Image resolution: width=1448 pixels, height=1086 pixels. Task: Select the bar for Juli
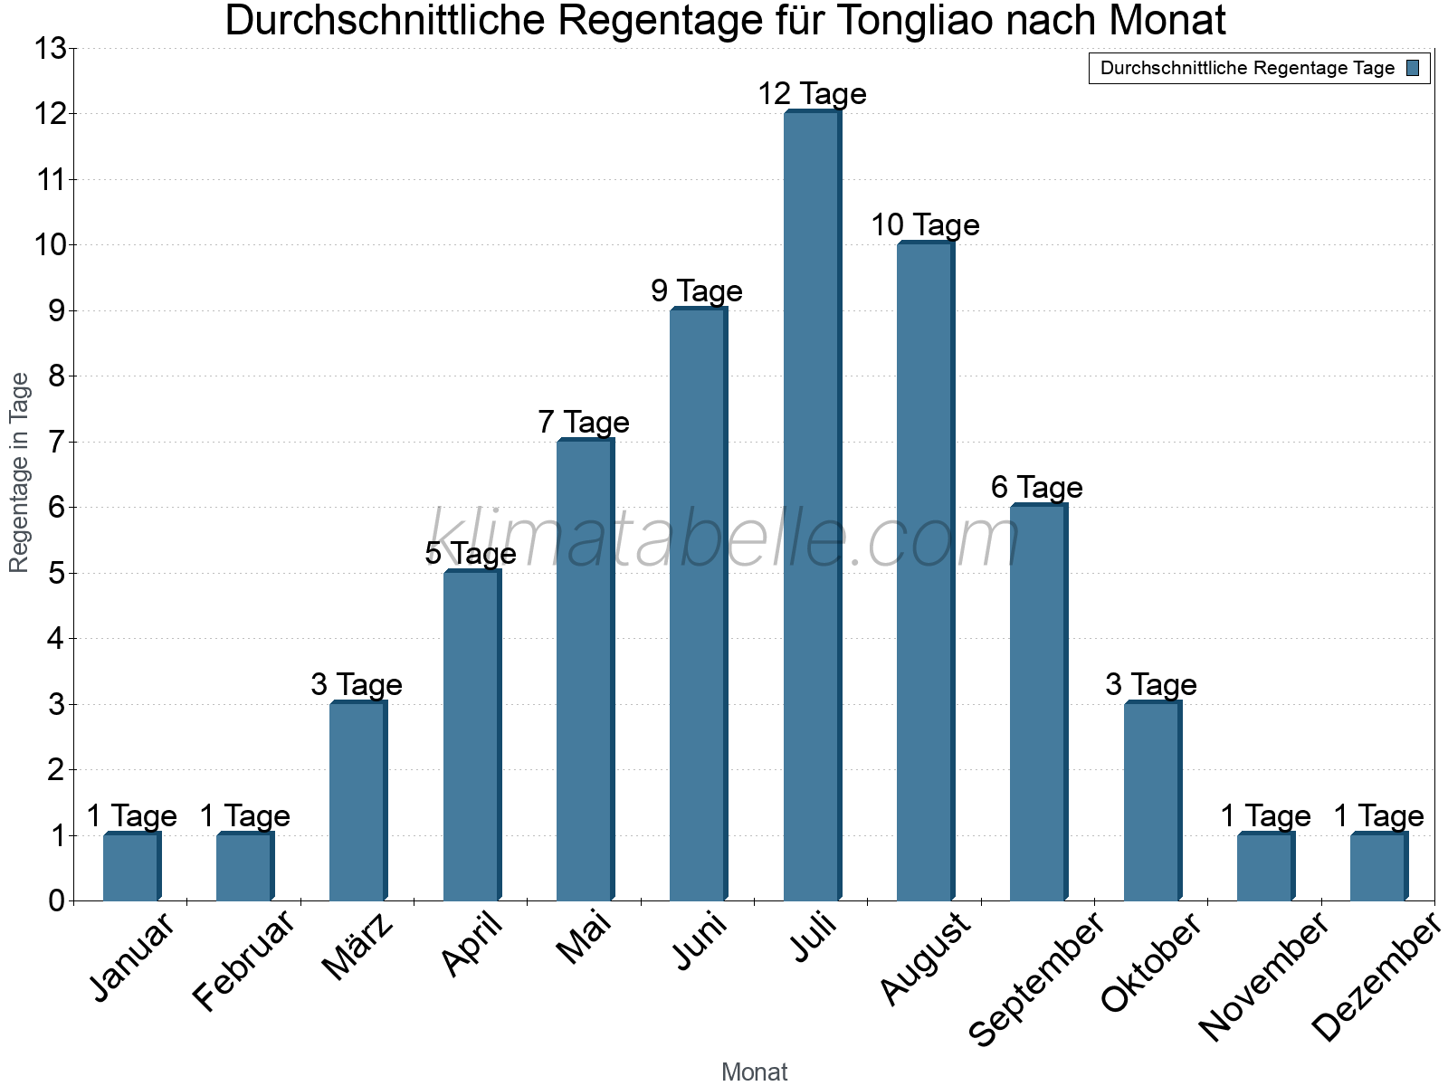tap(812, 507)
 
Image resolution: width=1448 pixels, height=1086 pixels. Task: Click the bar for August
tap(925, 572)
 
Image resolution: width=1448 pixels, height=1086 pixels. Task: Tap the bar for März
tap(357, 802)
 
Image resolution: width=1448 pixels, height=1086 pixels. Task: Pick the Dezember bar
tap(1378, 867)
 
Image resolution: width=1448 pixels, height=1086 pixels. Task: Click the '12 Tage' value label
tap(812, 94)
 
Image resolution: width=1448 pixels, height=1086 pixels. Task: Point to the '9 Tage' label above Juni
tap(697, 291)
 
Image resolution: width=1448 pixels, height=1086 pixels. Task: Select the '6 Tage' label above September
tap(1037, 488)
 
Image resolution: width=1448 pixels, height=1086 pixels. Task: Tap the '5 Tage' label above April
tap(471, 554)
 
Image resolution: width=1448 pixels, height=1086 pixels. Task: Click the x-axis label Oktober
tap(1151, 963)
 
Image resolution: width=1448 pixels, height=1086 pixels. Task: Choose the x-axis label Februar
tap(244, 961)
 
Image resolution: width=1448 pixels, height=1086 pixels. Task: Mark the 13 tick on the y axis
tap(51, 49)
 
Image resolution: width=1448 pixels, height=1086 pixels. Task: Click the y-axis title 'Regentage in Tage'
tap(20, 472)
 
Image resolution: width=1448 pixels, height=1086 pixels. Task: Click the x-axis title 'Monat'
tap(754, 1072)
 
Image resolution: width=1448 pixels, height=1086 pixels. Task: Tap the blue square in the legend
tap(1413, 68)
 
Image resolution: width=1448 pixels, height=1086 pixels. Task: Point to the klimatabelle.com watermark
tap(724, 539)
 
